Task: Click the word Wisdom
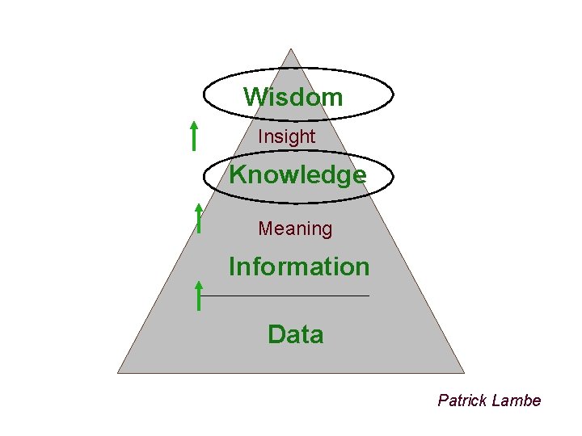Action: (x=293, y=98)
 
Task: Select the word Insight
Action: (x=286, y=137)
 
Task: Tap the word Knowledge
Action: (x=297, y=174)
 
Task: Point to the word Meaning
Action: (x=295, y=229)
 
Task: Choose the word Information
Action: (x=299, y=266)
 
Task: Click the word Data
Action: (x=296, y=334)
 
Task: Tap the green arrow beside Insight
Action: (x=194, y=135)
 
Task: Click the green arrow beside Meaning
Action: (x=198, y=217)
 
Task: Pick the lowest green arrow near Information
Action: (x=198, y=296)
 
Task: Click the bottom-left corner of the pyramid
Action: (x=118, y=372)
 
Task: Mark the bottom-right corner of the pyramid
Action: (x=464, y=372)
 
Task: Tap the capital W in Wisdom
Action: (x=254, y=98)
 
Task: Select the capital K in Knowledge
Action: (x=238, y=174)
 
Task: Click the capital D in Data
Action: (x=276, y=334)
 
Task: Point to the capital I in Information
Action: (x=232, y=266)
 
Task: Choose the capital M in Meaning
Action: (x=265, y=229)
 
